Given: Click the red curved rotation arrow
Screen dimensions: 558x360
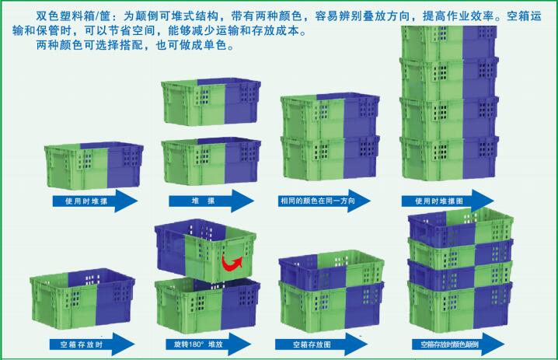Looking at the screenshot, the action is (232, 263).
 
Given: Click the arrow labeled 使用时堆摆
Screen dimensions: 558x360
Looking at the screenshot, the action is (95, 201).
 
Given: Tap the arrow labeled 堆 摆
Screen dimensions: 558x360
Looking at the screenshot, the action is (211, 201).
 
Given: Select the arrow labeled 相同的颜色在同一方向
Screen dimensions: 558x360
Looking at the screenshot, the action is (324, 201).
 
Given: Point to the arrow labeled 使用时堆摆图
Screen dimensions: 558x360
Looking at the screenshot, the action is (448, 201).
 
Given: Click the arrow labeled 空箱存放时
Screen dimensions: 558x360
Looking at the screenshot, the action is (92, 344).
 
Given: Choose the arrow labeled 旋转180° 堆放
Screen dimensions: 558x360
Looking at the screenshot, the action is (208, 344).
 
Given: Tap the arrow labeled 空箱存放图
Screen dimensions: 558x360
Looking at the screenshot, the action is (321, 344).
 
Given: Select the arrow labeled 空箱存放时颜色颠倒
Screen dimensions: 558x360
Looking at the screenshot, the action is (459, 344).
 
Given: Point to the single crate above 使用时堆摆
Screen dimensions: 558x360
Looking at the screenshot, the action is (94, 165).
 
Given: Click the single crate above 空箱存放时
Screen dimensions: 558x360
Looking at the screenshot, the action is (82, 297).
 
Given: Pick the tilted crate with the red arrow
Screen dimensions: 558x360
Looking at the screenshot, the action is (205, 250).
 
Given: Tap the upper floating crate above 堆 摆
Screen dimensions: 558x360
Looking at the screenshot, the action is (211, 102).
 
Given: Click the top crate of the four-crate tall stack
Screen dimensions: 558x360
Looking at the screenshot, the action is (449, 43).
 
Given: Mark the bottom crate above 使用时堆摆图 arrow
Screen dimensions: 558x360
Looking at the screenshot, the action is (449, 157).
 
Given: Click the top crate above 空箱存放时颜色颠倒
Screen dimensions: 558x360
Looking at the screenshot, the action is (461, 226).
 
